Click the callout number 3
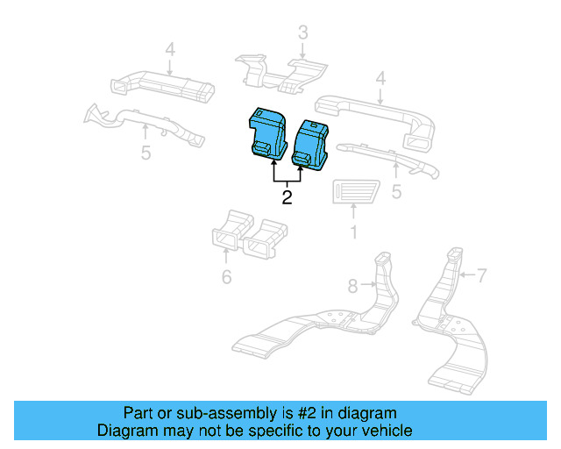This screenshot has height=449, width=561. coord(302,33)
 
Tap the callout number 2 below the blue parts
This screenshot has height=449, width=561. coord(287,197)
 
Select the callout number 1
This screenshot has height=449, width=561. coord(353,232)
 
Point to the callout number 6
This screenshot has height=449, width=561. coord(226,278)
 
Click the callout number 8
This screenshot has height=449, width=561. coord(352,285)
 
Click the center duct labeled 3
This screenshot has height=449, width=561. coord(280,70)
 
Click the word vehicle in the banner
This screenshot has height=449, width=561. coord(382,431)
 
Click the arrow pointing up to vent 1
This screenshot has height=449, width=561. coord(353,211)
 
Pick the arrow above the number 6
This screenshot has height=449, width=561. coord(226,257)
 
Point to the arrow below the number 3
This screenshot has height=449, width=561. coord(302,52)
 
